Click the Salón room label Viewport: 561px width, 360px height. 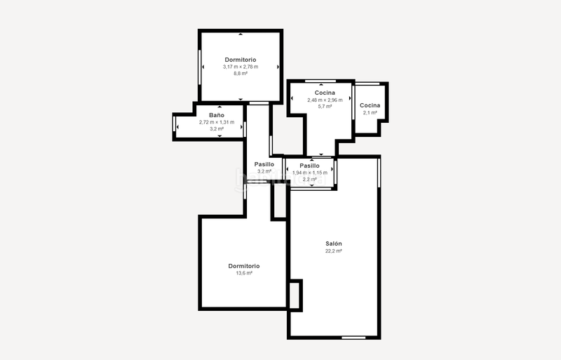point(333,244)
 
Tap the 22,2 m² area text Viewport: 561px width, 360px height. point(333,251)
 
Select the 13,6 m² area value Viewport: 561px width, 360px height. point(244,273)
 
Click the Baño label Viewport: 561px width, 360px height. point(216,114)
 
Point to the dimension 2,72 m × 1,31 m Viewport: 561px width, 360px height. point(216,122)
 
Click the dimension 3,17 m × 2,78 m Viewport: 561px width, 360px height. point(241,67)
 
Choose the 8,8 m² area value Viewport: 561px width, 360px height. point(241,74)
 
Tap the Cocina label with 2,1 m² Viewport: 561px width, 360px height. point(370,105)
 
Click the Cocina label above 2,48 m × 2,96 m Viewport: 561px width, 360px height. point(325,93)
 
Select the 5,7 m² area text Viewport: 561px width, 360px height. point(325,107)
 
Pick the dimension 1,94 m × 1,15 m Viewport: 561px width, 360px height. point(309,173)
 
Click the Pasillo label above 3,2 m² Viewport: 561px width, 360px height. point(264,164)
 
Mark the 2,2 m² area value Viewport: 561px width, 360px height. point(309,179)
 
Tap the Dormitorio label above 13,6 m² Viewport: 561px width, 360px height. point(244,266)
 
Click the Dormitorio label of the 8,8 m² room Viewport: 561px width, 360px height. point(241,60)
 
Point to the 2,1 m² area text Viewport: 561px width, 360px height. point(370,112)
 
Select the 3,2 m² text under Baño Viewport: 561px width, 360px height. point(216,129)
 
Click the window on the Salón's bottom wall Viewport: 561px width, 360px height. point(353,338)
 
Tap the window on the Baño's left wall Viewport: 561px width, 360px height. point(175,127)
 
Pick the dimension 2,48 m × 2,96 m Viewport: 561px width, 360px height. point(325,100)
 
